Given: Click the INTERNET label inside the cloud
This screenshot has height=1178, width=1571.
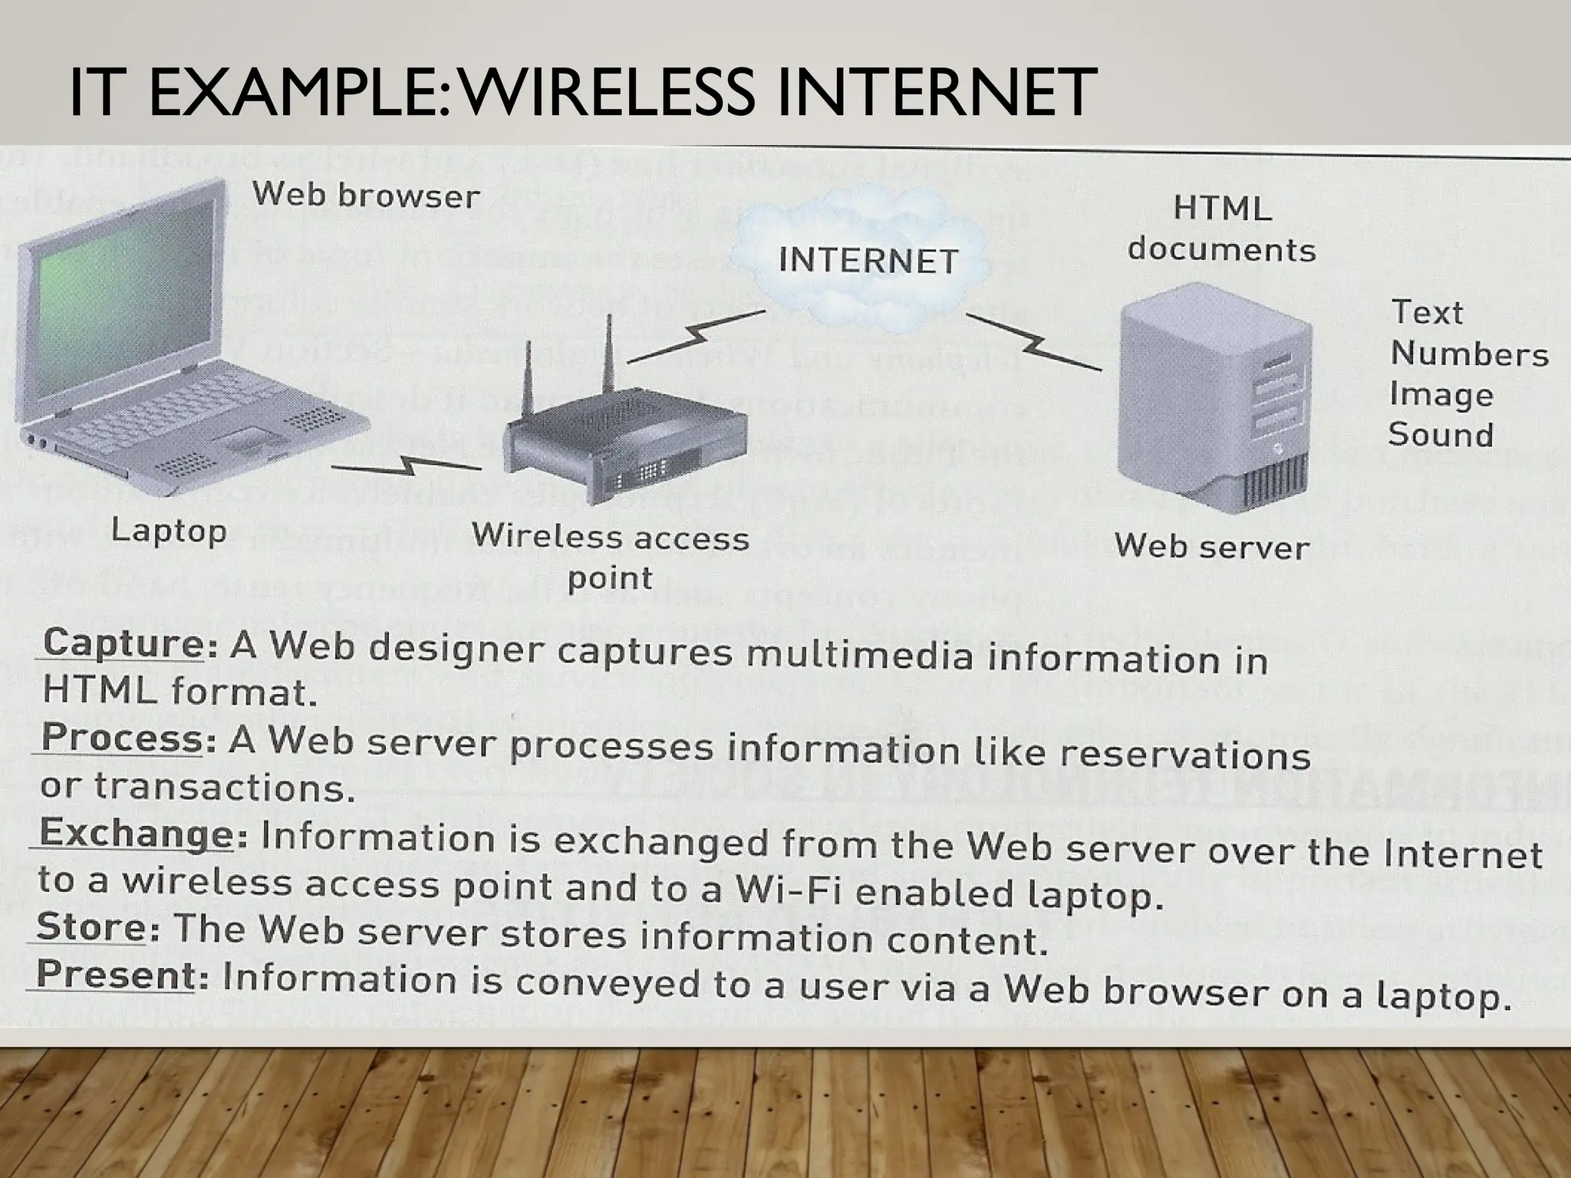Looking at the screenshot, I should (868, 261).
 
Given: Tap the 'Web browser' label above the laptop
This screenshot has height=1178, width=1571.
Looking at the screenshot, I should (366, 195).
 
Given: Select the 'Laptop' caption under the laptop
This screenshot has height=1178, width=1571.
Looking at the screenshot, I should (169, 530).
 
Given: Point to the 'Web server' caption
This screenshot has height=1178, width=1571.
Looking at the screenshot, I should (1211, 546).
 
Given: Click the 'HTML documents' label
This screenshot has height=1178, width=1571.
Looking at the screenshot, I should (1221, 229).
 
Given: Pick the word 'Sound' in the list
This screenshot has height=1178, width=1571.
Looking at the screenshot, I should (1441, 435).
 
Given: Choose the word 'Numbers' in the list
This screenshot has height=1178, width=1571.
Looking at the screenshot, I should (1469, 354).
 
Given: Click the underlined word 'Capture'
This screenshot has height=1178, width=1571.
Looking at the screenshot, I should (123, 642).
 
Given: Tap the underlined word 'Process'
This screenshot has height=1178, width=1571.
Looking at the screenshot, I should (121, 737).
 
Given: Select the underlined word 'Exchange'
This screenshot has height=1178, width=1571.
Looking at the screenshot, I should (136, 832).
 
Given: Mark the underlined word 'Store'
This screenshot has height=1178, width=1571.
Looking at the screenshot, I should (91, 926).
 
